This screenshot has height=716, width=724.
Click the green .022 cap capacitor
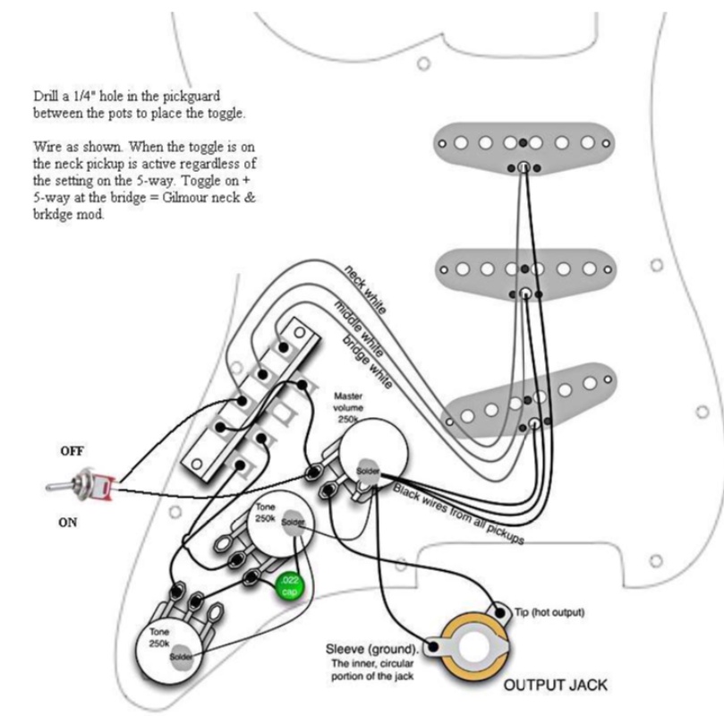[x=290, y=587]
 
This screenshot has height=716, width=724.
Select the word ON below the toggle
[x=68, y=523]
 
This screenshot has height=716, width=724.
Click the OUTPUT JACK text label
[x=555, y=686]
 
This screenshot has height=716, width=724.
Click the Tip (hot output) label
[x=549, y=612]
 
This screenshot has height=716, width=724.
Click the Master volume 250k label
[x=347, y=406]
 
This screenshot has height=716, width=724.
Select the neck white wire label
[x=365, y=289]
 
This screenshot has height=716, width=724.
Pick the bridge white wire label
[x=367, y=362]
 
